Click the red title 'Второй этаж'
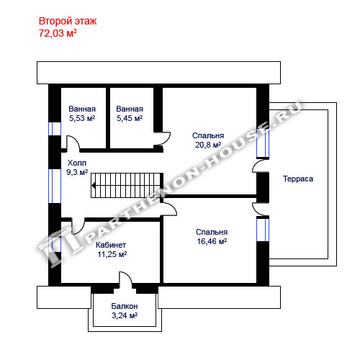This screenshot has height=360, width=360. point(68,21)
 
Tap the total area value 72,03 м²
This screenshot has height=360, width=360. point(58,33)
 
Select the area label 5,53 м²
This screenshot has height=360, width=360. point(82,118)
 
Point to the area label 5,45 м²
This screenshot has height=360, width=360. point(130,118)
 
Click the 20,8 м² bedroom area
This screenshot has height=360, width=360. point(208,145)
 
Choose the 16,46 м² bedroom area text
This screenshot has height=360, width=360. point(212,241)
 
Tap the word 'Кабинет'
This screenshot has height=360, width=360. point(111,245)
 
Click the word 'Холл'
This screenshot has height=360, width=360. point(77,163)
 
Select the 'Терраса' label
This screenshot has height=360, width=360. point(298,179)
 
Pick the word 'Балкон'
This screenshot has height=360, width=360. point(125,306)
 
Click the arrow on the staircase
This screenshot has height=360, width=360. point(94,185)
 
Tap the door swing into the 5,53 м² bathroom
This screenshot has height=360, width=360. point(73,143)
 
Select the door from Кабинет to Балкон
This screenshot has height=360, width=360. point(125,279)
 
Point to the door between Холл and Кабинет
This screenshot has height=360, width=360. point(78,226)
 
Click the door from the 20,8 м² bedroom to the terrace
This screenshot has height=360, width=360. point(260,166)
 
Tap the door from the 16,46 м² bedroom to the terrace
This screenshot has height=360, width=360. point(260,210)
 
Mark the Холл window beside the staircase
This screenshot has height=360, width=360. point(55,186)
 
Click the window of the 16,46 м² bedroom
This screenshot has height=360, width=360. point(263,230)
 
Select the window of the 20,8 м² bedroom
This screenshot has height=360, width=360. point(263,143)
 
